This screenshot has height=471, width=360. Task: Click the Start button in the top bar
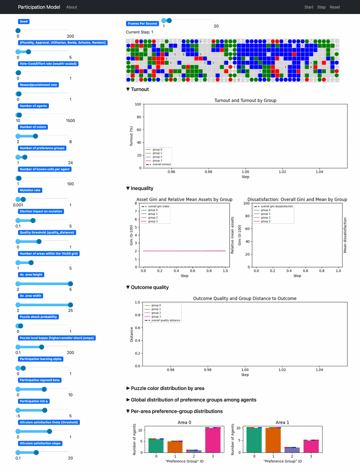[x=309, y=7]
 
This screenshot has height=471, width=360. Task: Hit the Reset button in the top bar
[x=334, y=7]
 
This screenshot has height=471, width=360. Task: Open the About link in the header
[x=71, y=7]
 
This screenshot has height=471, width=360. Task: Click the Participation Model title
[x=39, y=7]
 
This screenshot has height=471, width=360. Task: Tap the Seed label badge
[x=24, y=22]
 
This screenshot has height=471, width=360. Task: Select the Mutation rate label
[x=30, y=190]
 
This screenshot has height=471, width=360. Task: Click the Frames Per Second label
[x=142, y=24]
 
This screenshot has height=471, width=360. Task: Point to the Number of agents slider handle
[x=19, y=115]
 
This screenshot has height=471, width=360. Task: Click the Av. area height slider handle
[x=70, y=284]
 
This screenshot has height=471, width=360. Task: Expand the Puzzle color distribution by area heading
[x=167, y=388]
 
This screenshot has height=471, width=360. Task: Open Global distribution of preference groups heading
[x=193, y=400]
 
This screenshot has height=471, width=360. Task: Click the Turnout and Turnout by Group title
[x=245, y=100]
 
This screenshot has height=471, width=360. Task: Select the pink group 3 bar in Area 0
[x=213, y=440]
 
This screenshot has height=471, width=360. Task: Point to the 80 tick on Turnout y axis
[x=139, y=117]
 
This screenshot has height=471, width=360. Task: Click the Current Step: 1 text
[x=139, y=32]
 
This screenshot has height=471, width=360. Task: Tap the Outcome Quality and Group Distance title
[x=244, y=299]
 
